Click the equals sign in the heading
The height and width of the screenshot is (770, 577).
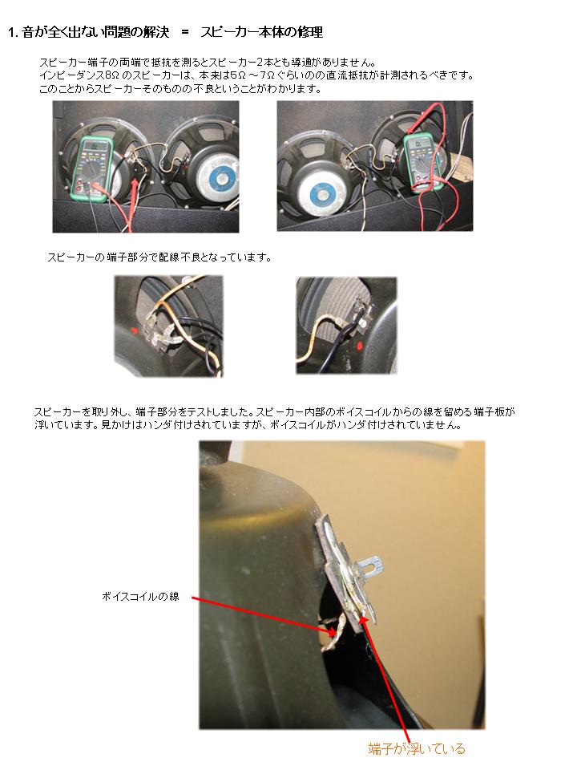pyautogui.click(x=185, y=32)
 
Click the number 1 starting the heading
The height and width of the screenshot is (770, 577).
pyautogui.click(x=11, y=32)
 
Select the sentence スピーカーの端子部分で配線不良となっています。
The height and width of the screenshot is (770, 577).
pyautogui.click(x=159, y=257)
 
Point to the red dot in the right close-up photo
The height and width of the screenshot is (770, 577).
pyautogui.click(x=359, y=346)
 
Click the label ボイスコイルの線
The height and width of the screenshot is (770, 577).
pyautogui.click(x=140, y=597)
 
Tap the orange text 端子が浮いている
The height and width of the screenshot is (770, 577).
pyautogui.click(x=417, y=748)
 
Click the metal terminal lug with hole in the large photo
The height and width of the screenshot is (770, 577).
pyautogui.click(x=372, y=564)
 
